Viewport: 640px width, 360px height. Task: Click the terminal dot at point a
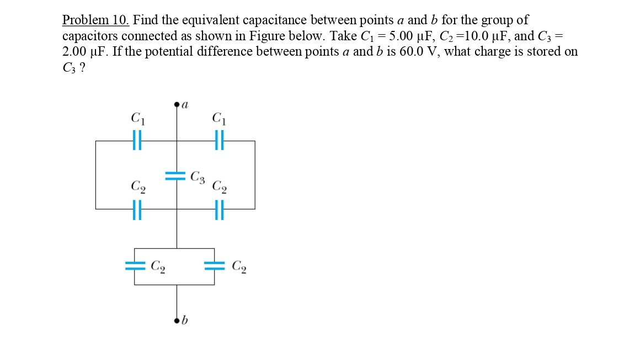tap(177, 105)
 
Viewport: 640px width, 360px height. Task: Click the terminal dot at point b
tap(177, 321)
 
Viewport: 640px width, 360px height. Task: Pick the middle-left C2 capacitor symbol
tap(137, 209)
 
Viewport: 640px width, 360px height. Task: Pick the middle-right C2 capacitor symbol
tap(219, 209)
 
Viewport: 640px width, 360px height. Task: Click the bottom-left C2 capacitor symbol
tap(135, 266)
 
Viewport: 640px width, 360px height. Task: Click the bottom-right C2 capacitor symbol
tap(214, 266)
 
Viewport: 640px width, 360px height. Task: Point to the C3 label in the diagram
tap(198, 178)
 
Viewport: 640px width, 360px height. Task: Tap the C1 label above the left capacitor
tap(137, 119)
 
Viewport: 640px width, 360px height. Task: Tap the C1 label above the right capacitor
tap(219, 119)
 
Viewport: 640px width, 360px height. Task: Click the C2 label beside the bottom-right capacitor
tap(239, 267)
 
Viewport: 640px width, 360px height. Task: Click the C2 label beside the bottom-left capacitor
tap(158, 267)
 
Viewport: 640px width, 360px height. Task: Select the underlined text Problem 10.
tap(95, 19)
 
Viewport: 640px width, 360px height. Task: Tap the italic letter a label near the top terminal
tap(185, 105)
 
